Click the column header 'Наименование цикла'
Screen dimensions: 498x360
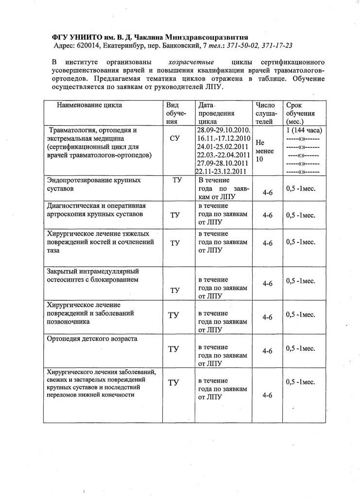pyautogui.click(x=89, y=105)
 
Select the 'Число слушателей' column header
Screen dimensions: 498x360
pyautogui.click(x=265, y=113)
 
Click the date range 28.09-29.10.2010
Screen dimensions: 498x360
pyautogui.click(x=223, y=130)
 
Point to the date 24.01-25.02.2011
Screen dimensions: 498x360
pyautogui.click(x=223, y=147)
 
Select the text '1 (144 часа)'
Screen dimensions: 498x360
pyautogui.click(x=304, y=130)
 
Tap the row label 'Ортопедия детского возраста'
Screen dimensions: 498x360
pyautogui.click(x=92, y=338)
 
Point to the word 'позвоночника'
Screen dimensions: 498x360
pyautogui.click(x=69, y=321)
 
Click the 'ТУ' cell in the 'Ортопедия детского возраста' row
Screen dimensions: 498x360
pyautogui.click(x=173, y=349)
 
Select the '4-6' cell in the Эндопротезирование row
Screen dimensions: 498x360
pyautogui.click(x=268, y=192)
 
